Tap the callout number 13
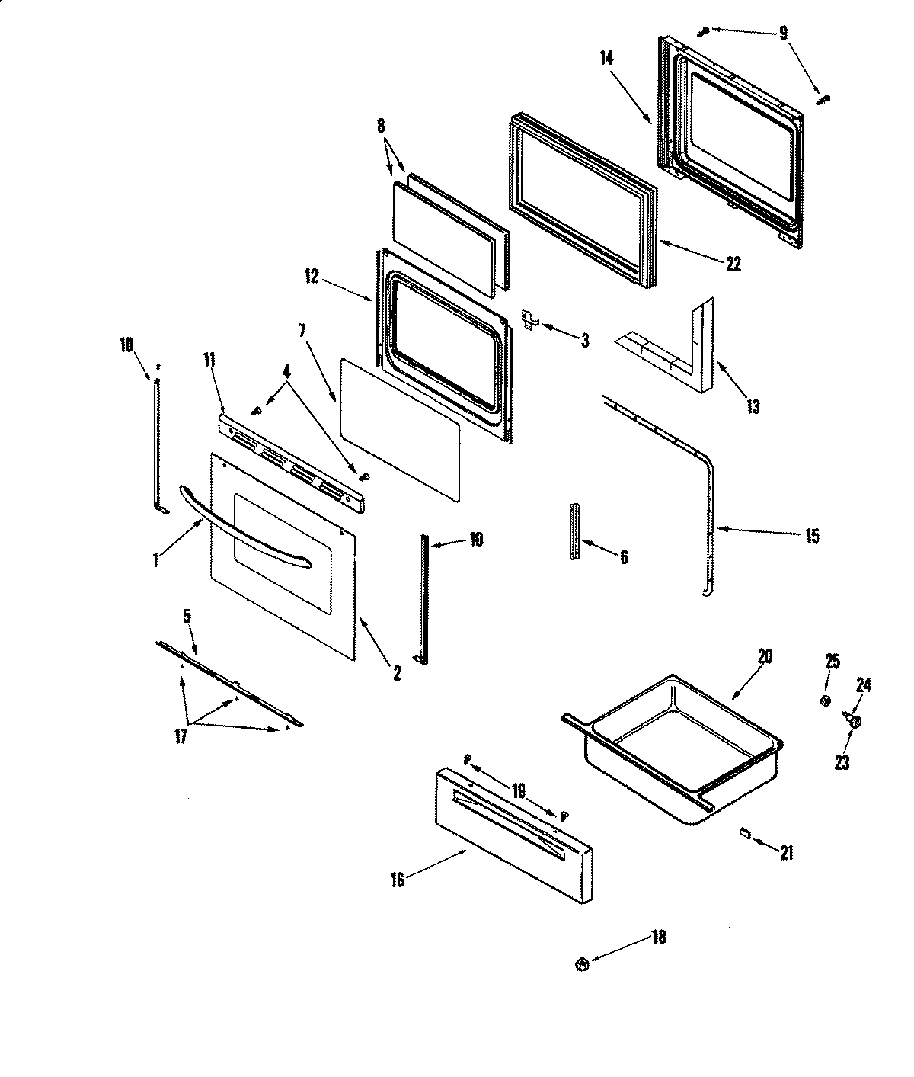(752, 406)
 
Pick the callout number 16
(398, 880)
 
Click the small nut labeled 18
(582, 965)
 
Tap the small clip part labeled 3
(531, 319)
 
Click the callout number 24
(864, 685)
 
